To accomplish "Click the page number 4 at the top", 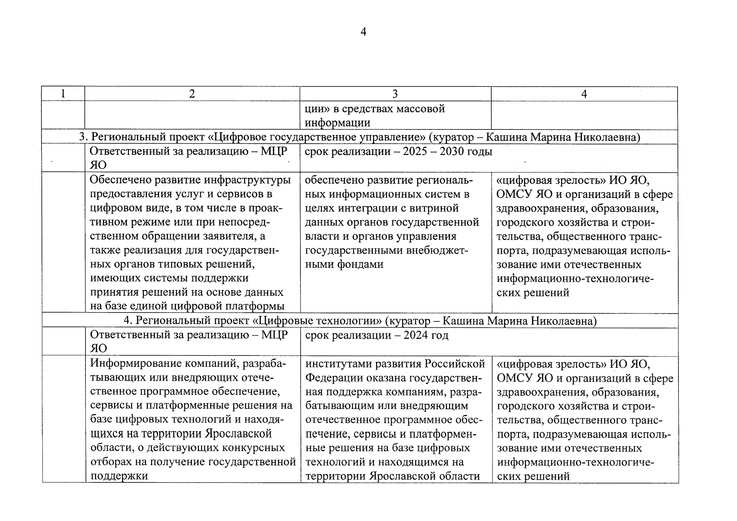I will point(364,32).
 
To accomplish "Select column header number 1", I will point(63,94).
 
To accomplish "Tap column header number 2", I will point(192,94).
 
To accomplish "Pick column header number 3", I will point(395,94).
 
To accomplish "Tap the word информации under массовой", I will point(337,123).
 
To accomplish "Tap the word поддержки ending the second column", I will point(119,475).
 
